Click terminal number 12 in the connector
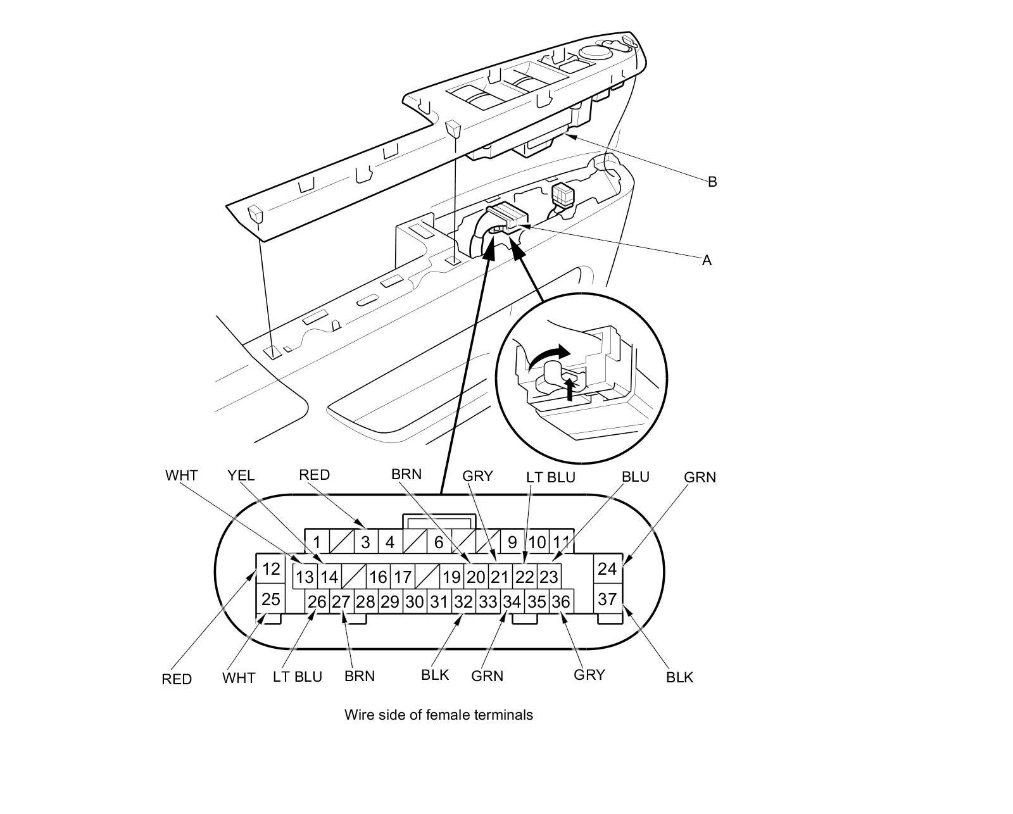pos(271,569)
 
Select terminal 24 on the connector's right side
pos(607,568)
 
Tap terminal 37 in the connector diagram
pos(607,599)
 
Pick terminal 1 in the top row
pos(317,542)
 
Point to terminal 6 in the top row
pos(439,542)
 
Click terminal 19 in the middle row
pos(452,577)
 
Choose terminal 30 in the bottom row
pos(415,602)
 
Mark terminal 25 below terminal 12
pos(271,599)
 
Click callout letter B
pos(712,182)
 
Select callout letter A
pos(707,260)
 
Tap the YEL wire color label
pos(241,475)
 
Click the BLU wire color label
pos(636,477)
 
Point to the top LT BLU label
pos(551,477)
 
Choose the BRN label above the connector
pos(406,474)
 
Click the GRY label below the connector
pos(589,675)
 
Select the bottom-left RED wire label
pos(177,679)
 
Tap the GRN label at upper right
pos(700,477)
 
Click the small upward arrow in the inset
pos(570,389)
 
